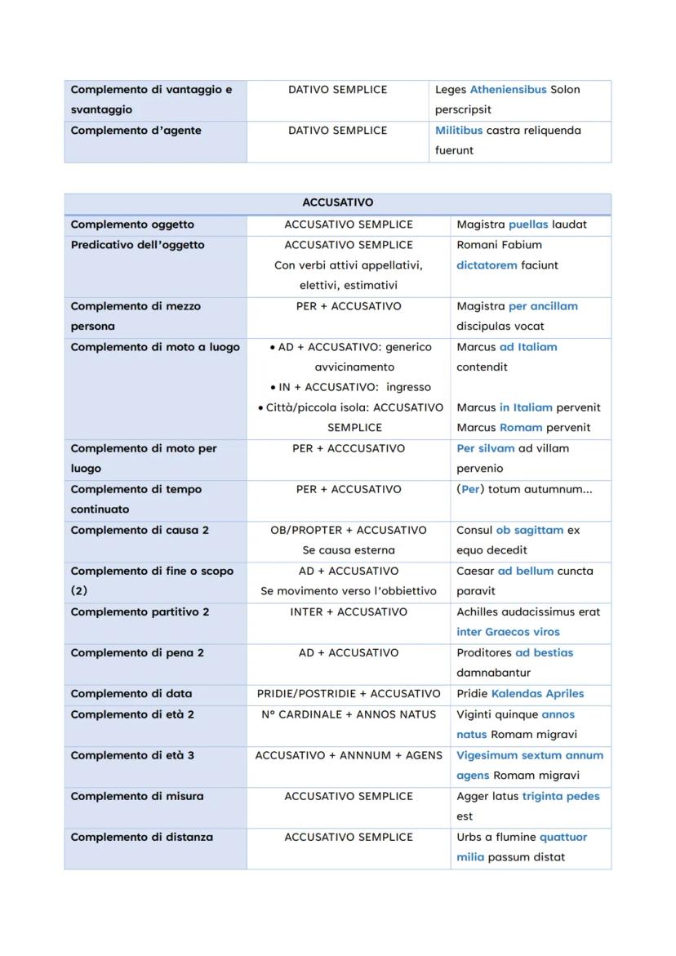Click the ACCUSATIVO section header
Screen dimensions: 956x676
(337, 203)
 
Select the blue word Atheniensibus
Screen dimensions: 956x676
(508, 90)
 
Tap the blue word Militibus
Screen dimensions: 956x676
(459, 131)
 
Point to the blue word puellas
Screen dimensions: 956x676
(528, 225)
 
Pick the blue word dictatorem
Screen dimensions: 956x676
(486, 265)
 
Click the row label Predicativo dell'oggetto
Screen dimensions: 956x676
(137, 245)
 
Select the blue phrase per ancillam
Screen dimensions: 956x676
(542, 306)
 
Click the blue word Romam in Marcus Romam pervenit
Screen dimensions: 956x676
(521, 428)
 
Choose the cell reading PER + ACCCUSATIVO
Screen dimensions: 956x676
(349, 448)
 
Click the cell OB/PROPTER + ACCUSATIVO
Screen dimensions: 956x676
(349, 531)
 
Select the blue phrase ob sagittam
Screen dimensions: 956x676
(529, 531)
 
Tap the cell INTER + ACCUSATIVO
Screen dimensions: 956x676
(349, 612)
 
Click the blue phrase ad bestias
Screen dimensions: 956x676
(544, 653)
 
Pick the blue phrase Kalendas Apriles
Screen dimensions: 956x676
(537, 694)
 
